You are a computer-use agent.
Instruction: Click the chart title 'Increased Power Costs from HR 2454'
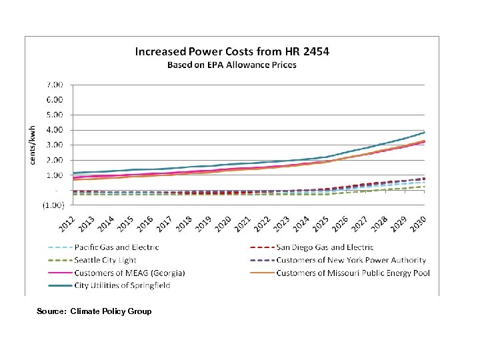pyautogui.click(x=232, y=51)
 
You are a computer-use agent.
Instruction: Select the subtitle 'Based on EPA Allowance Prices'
pyautogui.click(x=231, y=65)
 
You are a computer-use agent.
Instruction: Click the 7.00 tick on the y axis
pyautogui.click(x=55, y=85)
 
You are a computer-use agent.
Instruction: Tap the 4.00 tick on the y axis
pyautogui.click(x=55, y=130)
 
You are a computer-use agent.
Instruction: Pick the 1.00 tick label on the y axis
pyautogui.click(x=55, y=175)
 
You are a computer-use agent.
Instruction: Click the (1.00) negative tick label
pyautogui.click(x=53, y=205)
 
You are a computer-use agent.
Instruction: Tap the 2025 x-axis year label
pyautogui.click(x=321, y=225)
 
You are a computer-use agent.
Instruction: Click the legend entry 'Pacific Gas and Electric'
pyautogui.click(x=117, y=247)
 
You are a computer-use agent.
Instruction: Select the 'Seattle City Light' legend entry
pyautogui.click(x=105, y=260)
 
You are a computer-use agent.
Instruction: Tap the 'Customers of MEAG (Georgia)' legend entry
pyautogui.click(x=129, y=273)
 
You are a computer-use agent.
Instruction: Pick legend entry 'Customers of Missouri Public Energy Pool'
pyautogui.click(x=353, y=273)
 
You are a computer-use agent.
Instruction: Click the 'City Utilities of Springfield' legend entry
pyautogui.click(x=122, y=285)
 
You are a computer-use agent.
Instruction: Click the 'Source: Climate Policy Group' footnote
pyautogui.click(x=94, y=311)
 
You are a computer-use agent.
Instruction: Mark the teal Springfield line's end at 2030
pyautogui.click(x=425, y=132)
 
